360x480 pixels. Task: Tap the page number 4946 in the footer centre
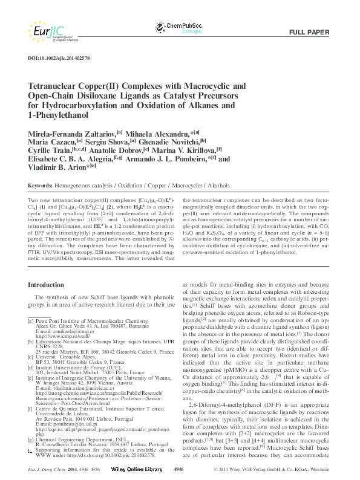click(x=179, y=469)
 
